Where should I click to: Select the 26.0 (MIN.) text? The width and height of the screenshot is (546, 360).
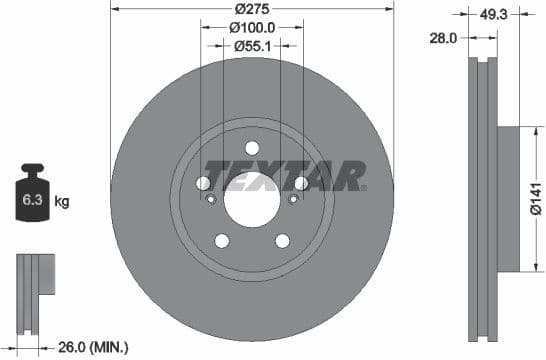[95, 346]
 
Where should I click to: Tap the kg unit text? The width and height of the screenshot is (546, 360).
[62, 202]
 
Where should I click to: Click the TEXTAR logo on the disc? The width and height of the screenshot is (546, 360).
[285, 175]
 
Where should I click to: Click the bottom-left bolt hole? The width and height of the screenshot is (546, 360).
[221, 240]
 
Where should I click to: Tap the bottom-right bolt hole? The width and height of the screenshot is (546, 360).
[282, 240]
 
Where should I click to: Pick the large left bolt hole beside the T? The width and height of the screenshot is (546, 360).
[203, 183]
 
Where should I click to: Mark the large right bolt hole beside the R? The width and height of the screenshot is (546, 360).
[300, 183]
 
